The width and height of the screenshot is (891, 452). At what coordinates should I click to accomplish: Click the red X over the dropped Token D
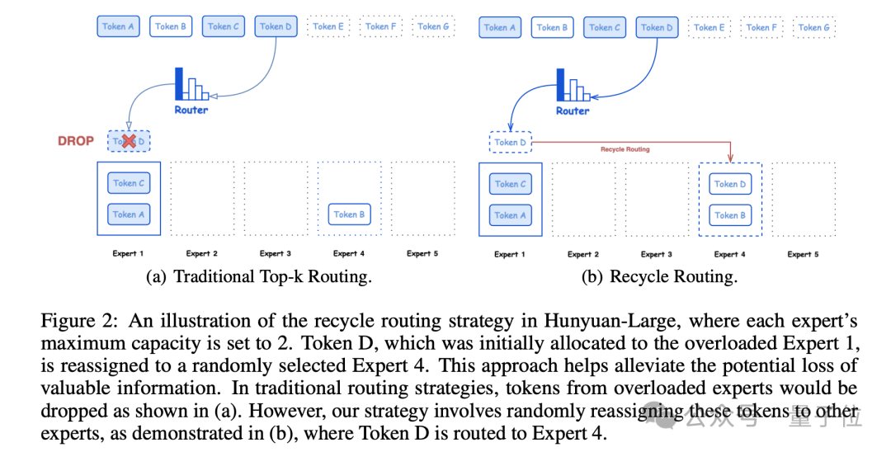[129, 141]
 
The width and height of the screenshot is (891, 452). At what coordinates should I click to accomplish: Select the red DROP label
[76, 141]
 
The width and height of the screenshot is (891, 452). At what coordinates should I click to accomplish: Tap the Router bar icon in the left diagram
[191, 85]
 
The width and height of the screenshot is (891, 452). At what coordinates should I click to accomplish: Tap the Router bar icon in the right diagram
[572, 86]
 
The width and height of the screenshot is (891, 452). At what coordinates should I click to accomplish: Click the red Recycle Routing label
[625, 149]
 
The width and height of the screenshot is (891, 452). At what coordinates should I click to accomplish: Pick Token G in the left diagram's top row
[433, 26]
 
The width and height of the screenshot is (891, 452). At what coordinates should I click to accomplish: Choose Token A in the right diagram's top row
[500, 27]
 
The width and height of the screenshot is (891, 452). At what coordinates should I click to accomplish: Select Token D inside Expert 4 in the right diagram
[730, 184]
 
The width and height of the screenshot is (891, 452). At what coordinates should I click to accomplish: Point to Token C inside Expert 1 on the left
[129, 183]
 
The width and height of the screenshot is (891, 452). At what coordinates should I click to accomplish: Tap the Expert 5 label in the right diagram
[803, 254]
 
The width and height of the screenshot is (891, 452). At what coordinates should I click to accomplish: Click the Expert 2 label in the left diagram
[202, 253]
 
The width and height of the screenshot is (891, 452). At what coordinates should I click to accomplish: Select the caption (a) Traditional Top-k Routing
[259, 277]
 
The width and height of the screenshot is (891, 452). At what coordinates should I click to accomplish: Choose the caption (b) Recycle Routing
[659, 277]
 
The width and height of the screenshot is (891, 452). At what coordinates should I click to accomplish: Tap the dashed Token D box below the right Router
[510, 143]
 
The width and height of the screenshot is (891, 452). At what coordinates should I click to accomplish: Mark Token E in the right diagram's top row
[709, 27]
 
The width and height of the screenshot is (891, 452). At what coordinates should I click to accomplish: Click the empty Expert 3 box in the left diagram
[276, 198]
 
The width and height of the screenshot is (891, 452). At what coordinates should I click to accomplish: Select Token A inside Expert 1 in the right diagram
[510, 215]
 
